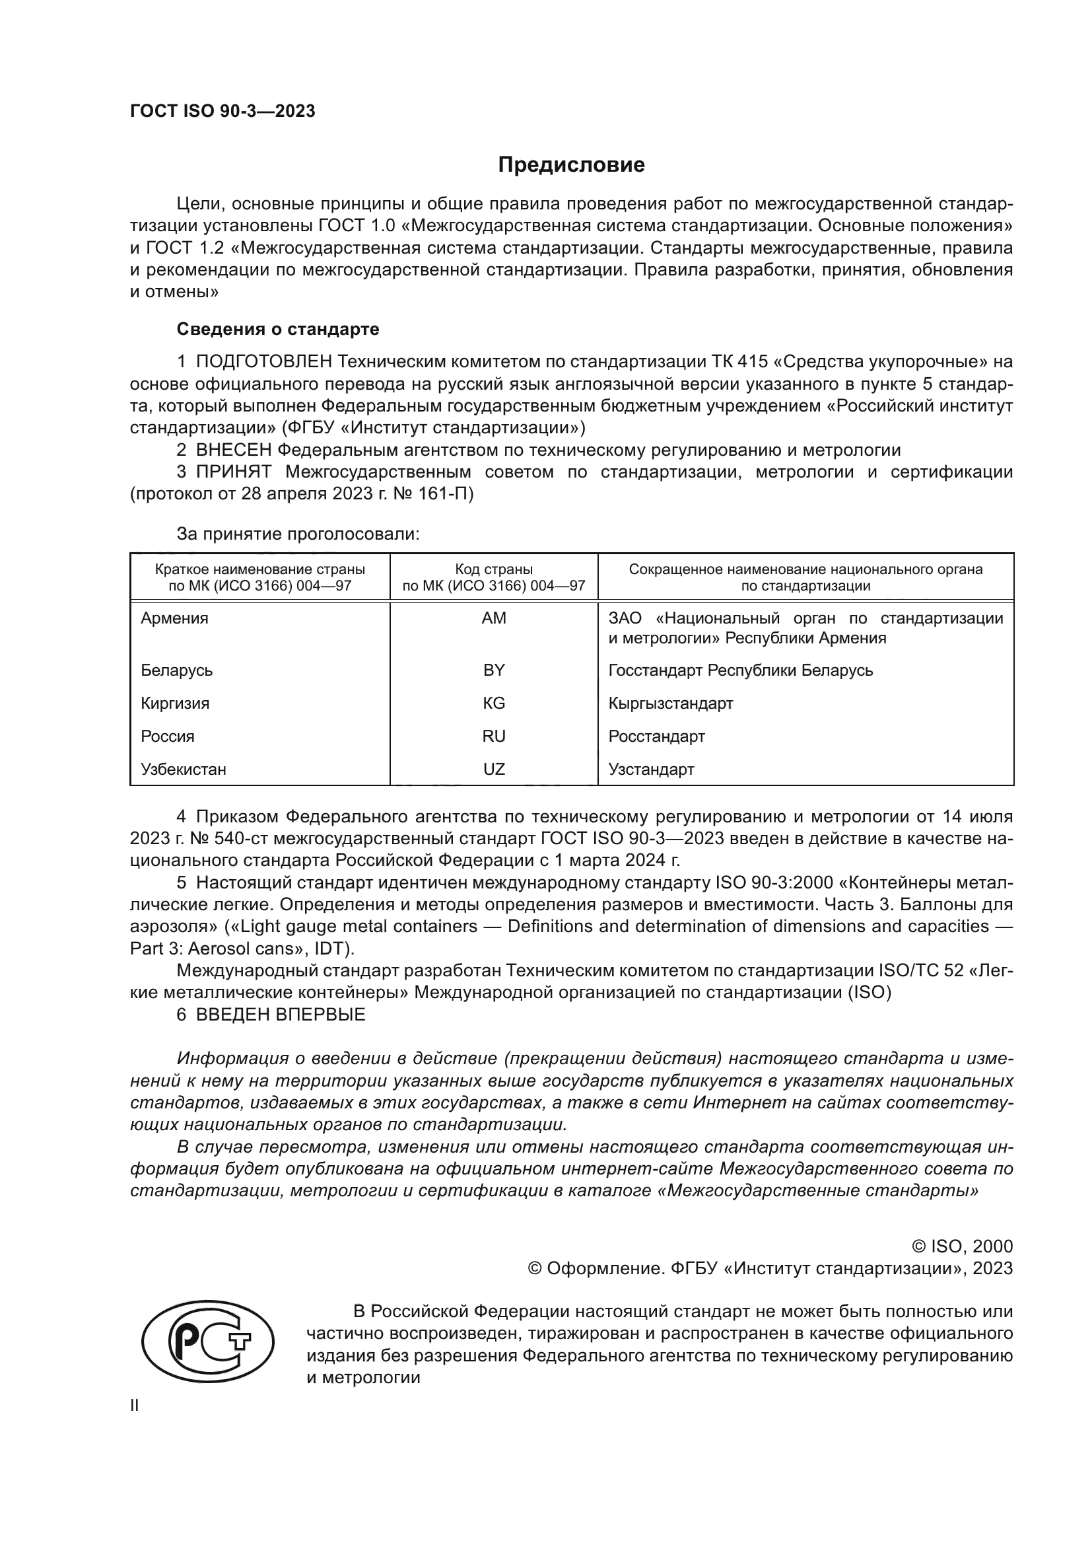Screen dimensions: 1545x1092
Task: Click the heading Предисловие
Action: click(571, 165)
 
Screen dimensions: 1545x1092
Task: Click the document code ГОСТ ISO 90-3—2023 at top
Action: click(222, 112)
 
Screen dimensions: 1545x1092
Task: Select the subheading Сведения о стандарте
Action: click(278, 329)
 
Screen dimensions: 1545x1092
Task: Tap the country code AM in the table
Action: click(494, 618)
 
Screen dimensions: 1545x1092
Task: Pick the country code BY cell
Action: click(494, 670)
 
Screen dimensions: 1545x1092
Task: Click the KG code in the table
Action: click(494, 703)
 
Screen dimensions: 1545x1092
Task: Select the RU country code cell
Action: click(494, 736)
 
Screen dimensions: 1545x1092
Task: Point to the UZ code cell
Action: click(494, 769)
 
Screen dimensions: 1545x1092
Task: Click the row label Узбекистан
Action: click(184, 769)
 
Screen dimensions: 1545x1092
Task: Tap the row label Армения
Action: click(175, 618)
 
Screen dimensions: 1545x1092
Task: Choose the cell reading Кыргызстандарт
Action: click(670, 703)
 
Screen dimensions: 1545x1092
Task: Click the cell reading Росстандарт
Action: click(656, 736)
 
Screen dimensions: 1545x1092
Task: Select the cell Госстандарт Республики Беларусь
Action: click(740, 670)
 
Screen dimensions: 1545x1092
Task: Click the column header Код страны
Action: click(494, 569)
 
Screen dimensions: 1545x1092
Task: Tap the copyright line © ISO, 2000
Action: click(961, 1246)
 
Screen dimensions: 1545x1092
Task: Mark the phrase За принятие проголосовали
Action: click(298, 534)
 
